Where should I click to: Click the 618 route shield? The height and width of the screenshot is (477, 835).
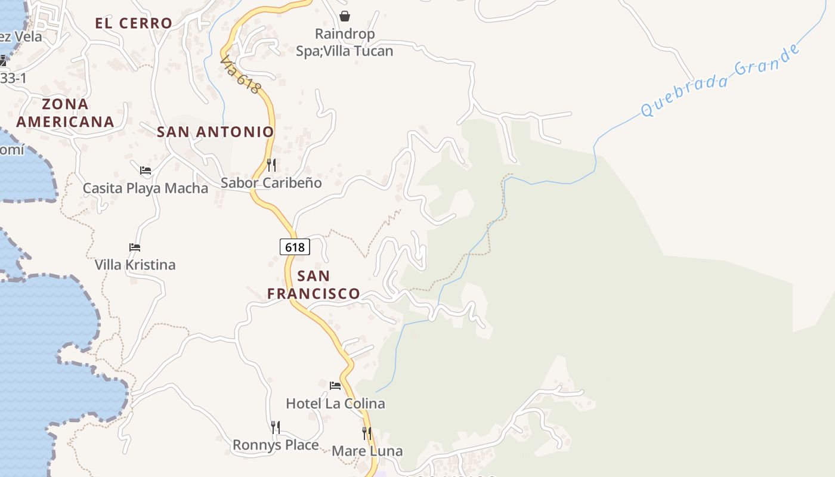tap(295, 247)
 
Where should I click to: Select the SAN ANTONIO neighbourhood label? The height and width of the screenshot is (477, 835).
tap(215, 132)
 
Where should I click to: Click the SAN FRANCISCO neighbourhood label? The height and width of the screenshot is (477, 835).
tap(313, 284)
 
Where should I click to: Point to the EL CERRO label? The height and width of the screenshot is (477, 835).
tap(134, 23)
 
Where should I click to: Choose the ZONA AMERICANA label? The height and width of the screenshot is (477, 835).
tap(65, 113)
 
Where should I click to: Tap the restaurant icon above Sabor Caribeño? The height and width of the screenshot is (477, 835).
tap(271, 165)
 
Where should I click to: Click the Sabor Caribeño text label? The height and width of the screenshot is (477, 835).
tap(271, 182)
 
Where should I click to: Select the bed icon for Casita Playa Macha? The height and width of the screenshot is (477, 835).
tap(145, 171)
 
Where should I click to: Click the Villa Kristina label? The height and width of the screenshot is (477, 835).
tap(135, 265)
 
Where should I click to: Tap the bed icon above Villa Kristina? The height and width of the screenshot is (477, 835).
tap(135, 247)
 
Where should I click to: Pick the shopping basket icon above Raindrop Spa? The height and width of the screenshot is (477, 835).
tap(344, 16)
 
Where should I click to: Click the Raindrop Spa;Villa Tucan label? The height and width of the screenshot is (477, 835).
tap(345, 42)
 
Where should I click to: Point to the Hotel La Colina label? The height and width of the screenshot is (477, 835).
tap(335, 404)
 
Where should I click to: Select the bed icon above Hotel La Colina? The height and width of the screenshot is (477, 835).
tap(335, 386)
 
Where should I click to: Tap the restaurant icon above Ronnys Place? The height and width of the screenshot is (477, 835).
tap(275, 427)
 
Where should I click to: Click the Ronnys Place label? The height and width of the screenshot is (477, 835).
tap(275, 445)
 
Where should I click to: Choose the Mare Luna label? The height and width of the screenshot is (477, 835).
tap(367, 451)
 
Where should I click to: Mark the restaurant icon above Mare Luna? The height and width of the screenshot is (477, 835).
tap(367, 433)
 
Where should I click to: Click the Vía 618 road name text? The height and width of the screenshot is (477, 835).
tap(240, 75)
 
